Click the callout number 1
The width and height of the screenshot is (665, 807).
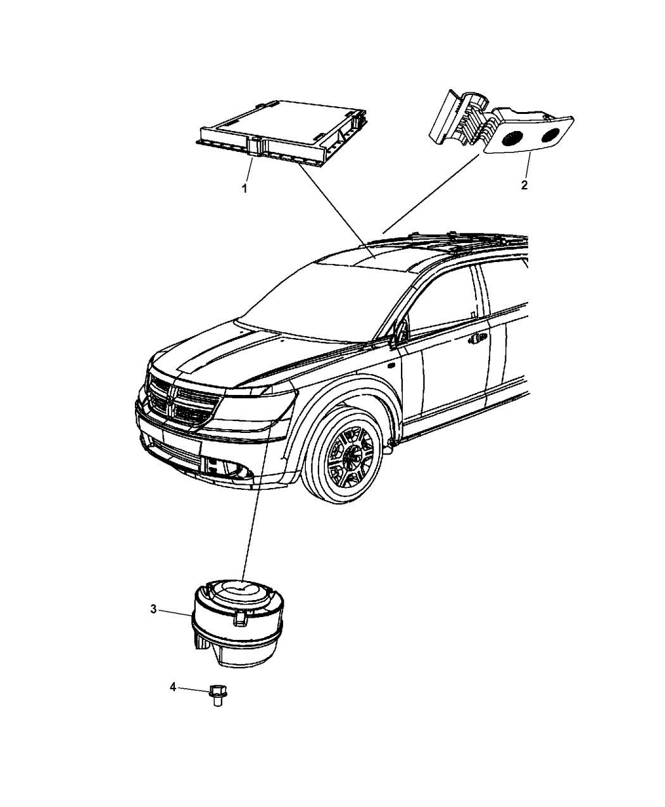244,189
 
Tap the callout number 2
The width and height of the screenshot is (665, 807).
524,185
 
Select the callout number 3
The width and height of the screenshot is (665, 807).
153,610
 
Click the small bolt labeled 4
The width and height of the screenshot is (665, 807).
218,696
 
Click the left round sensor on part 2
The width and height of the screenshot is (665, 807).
512,138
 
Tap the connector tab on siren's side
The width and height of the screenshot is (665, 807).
240,620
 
